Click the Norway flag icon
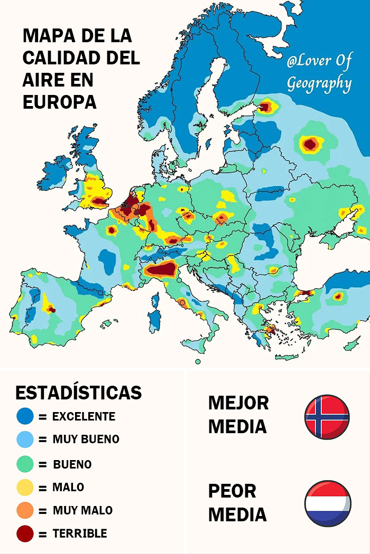[x=327, y=417]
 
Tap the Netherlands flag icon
[x=328, y=503]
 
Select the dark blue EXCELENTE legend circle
[x=25, y=416]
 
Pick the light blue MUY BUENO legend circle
[x=25, y=439]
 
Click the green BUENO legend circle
[x=25, y=464]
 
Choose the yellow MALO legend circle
[x=25, y=487]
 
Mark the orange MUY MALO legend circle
[x=25, y=510]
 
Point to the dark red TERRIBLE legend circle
[x=25, y=533]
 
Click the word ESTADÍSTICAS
[x=78, y=393]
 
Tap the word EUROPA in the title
[x=59, y=102]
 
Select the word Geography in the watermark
[x=319, y=83]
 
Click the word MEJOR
[x=238, y=403]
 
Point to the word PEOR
[x=232, y=491]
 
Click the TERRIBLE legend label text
[x=79, y=533]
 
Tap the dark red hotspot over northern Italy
[x=161, y=270]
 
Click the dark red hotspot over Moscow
[x=311, y=144]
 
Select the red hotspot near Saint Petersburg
[x=265, y=107]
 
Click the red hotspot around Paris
[x=112, y=230]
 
